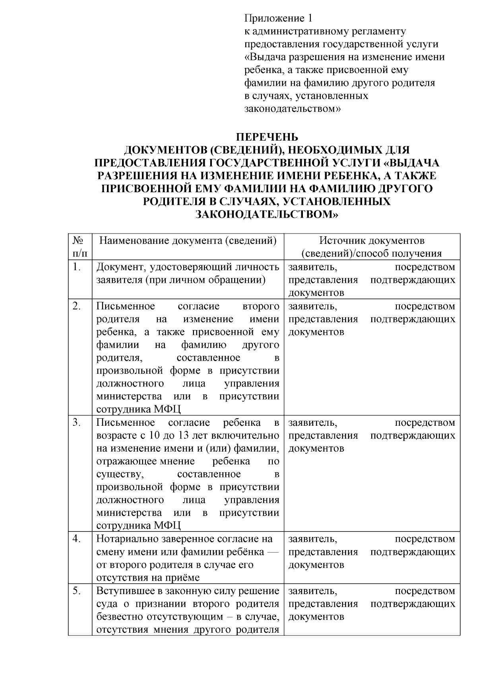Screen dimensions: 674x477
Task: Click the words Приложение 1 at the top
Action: [278, 18]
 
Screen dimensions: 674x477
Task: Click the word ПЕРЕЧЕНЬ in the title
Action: [267, 137]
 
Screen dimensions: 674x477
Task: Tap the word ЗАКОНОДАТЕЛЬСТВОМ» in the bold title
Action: [267, 215]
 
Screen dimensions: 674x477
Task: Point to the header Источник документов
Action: [372, 241]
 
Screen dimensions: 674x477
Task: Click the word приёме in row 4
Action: [184, 578]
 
